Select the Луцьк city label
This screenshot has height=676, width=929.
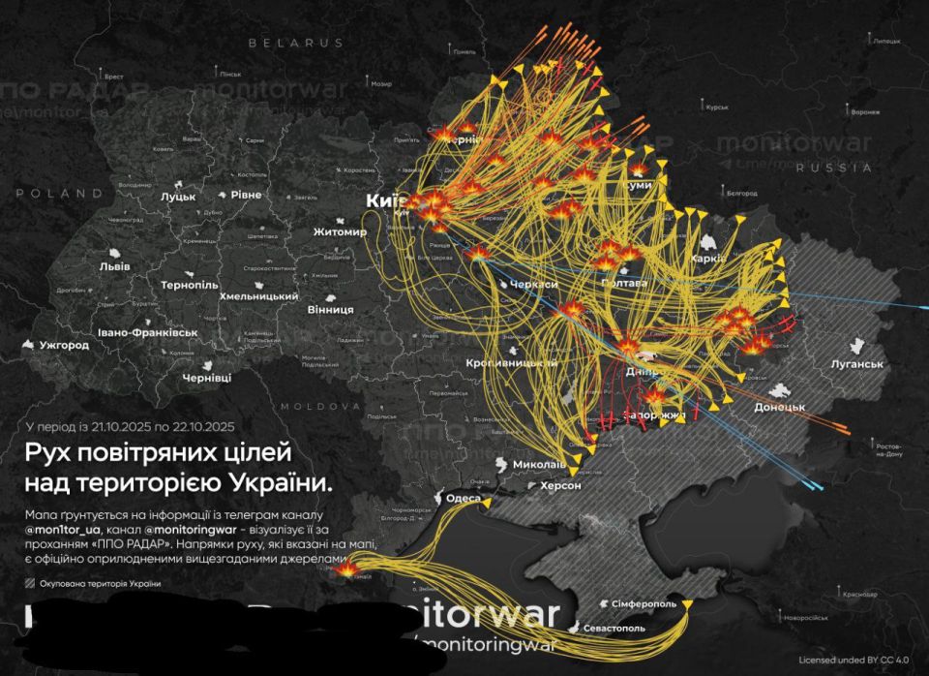click(x=177, y=197)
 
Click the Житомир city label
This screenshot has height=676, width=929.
click(x=340, y=232)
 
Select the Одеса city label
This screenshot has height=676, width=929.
click(x=463, y=499)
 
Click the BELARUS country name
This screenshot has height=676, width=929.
click(x=295, y=44)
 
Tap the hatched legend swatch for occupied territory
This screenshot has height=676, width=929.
click(x=31, y=583)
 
